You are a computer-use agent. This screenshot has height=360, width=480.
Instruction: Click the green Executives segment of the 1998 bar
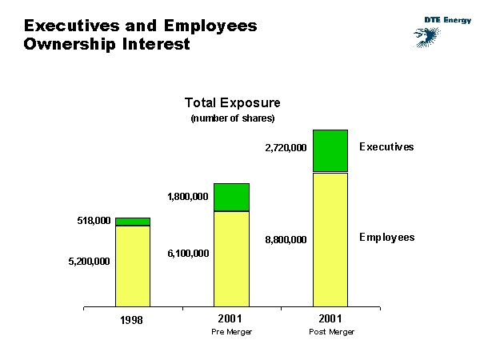pyautogui.click(x=133, y=222)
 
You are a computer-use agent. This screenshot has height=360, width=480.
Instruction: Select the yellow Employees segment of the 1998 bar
pyautogui.click(x=133, y=266)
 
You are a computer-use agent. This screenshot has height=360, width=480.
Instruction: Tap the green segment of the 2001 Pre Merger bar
pyautogui.click(x=231, y=197)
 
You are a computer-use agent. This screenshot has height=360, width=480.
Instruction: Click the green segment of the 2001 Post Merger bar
pyautogui.click(x=330, y=150)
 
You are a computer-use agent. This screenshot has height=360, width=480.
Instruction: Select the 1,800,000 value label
pyautogui.click(x=187, y=197)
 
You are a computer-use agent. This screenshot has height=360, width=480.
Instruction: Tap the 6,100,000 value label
pyautogui.click(x=187, y=254)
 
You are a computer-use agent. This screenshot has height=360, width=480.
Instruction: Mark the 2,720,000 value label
pyautogui.click(x=286, y=148)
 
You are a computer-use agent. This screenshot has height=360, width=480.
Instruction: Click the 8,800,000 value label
pyautogui.click(x=286, y=239)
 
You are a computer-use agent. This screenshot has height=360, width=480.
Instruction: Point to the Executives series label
pyautogui.click(x=386, y=147)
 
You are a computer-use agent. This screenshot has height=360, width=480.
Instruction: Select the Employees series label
pyautogui.click(x=386, y=238)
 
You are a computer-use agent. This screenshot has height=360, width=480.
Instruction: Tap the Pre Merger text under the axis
pyautogui.click(x=231, y=332)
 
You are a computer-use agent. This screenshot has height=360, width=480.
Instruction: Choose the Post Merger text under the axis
pyautogui.click(x=331, y=332)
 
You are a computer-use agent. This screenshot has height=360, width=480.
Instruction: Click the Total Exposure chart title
pyautogui.click(x=232, y=103)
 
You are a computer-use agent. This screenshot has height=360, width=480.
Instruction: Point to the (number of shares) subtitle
pyautogui.click(x=232, y=118)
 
